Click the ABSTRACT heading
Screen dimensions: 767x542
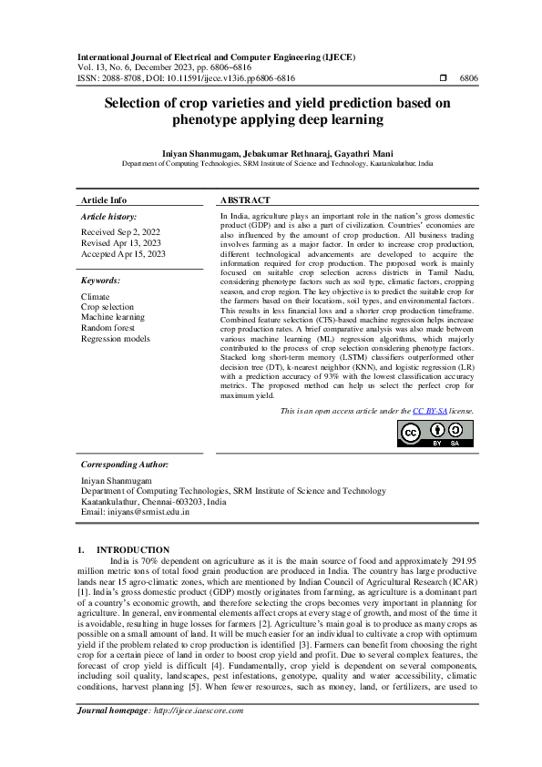click(x=245, y=200)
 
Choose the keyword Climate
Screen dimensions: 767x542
click(x=96, y=297)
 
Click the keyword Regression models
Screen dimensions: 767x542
click(x=116, y=338)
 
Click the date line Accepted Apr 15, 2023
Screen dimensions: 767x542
click(x=124, y=254)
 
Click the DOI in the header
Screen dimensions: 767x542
click(x=218, y=79)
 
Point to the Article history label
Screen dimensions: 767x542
click(x=109, y=217)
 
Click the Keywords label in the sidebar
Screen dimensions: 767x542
click(x=100, y=281)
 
